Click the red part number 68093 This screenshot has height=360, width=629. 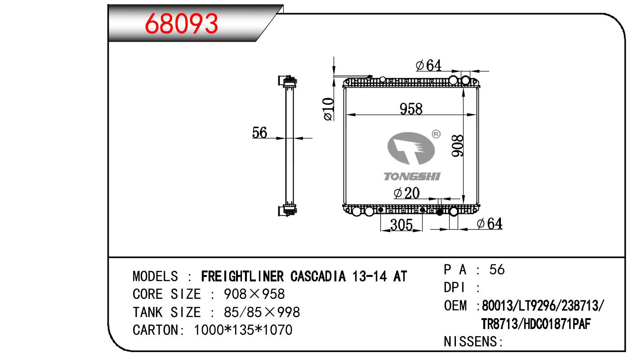coord(181,24)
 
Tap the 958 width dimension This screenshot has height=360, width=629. coord(411,109)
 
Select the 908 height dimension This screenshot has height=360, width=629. coord(457,146)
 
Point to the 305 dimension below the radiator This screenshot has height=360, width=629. coord(401,225)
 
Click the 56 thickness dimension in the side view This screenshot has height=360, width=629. coord(259,133)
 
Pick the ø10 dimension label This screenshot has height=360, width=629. coord(328,109)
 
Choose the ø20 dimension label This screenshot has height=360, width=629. coord(406,193)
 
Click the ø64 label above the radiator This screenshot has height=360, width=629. coord(428,65)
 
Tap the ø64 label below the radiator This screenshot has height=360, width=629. coord(490,224)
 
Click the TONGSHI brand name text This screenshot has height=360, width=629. coord(412,177)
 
